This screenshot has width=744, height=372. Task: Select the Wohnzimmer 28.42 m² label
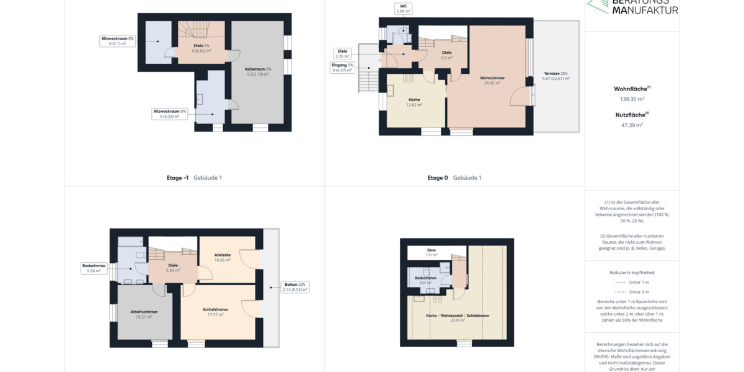[492, 81]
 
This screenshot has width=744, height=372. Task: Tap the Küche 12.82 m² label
[414, 102]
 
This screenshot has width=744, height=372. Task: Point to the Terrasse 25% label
[556, 76]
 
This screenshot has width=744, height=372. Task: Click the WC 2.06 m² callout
[403, 9]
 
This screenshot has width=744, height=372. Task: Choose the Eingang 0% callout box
[342, 68]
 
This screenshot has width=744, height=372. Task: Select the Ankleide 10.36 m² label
[223, 257]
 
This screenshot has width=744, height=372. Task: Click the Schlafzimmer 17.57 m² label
[216, 312]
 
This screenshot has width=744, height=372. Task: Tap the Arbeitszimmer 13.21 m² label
[144, 314]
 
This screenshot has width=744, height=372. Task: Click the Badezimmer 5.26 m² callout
[94, 268]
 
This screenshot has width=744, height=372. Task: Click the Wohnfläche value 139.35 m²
[632, 99]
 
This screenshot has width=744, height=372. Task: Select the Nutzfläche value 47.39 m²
[632, 125]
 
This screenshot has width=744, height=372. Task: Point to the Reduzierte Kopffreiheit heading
[632, 272]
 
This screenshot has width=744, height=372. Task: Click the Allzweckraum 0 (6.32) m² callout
[170, 114]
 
